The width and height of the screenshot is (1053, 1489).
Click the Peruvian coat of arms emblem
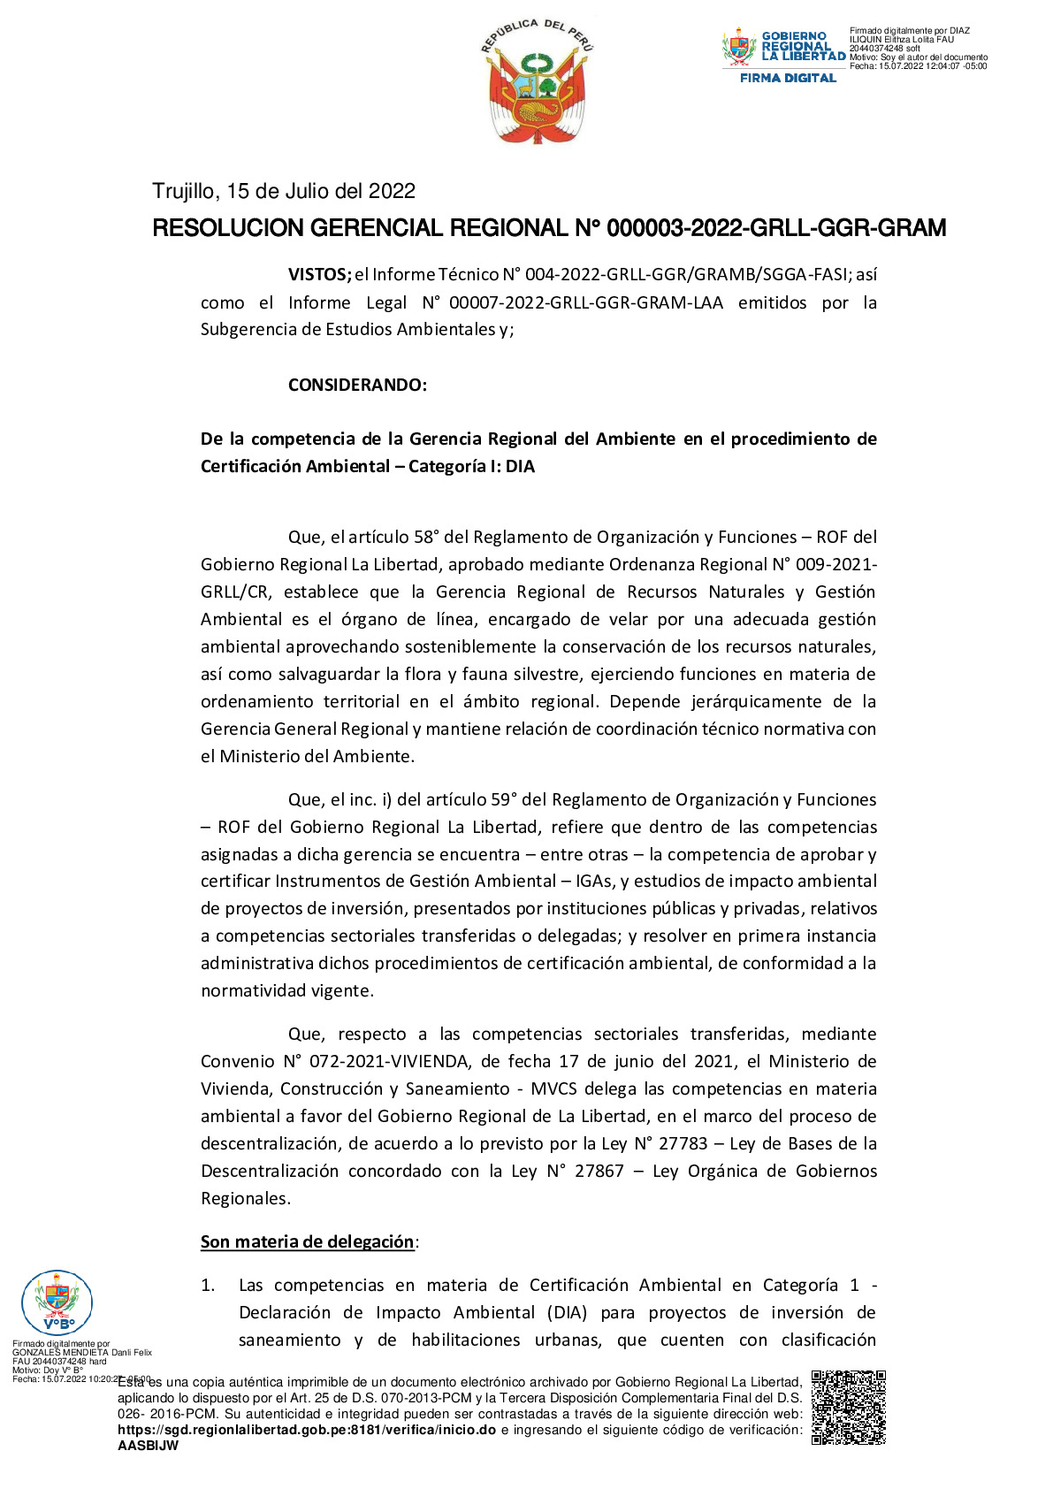pyautogui.click(x=537, y=81)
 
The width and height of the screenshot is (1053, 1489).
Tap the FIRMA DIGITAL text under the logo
pyautogui.click(x=787, y=78)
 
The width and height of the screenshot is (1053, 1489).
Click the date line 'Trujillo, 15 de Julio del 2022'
pyautogui.click(x=284, y=191)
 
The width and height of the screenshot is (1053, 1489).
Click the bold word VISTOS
pyautogui.click(x=319, y=275)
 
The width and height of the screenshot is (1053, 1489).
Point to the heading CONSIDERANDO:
pyautogui.click(x=357, y=385)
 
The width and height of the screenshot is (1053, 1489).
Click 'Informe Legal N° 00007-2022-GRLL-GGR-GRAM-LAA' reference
pyautogui.click(x=506, y=302)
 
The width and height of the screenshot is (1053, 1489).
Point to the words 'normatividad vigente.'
pyautogui.click(x=287, y=990)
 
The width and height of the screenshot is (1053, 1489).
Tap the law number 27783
pyautogui.click(x=683, y=1143)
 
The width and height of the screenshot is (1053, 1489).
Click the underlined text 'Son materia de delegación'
pyautogui.click(x=307, y=1241)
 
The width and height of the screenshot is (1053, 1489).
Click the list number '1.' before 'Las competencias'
pyautogui.click(x=208, y=1285)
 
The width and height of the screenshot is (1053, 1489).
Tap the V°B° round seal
pyautogui.click(x=57, y=1302)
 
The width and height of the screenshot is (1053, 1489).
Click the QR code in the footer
pyautogui.click(x=848, y=1407)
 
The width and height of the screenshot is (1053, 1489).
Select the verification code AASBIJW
pyautogui.click(x=148, y=1446)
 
